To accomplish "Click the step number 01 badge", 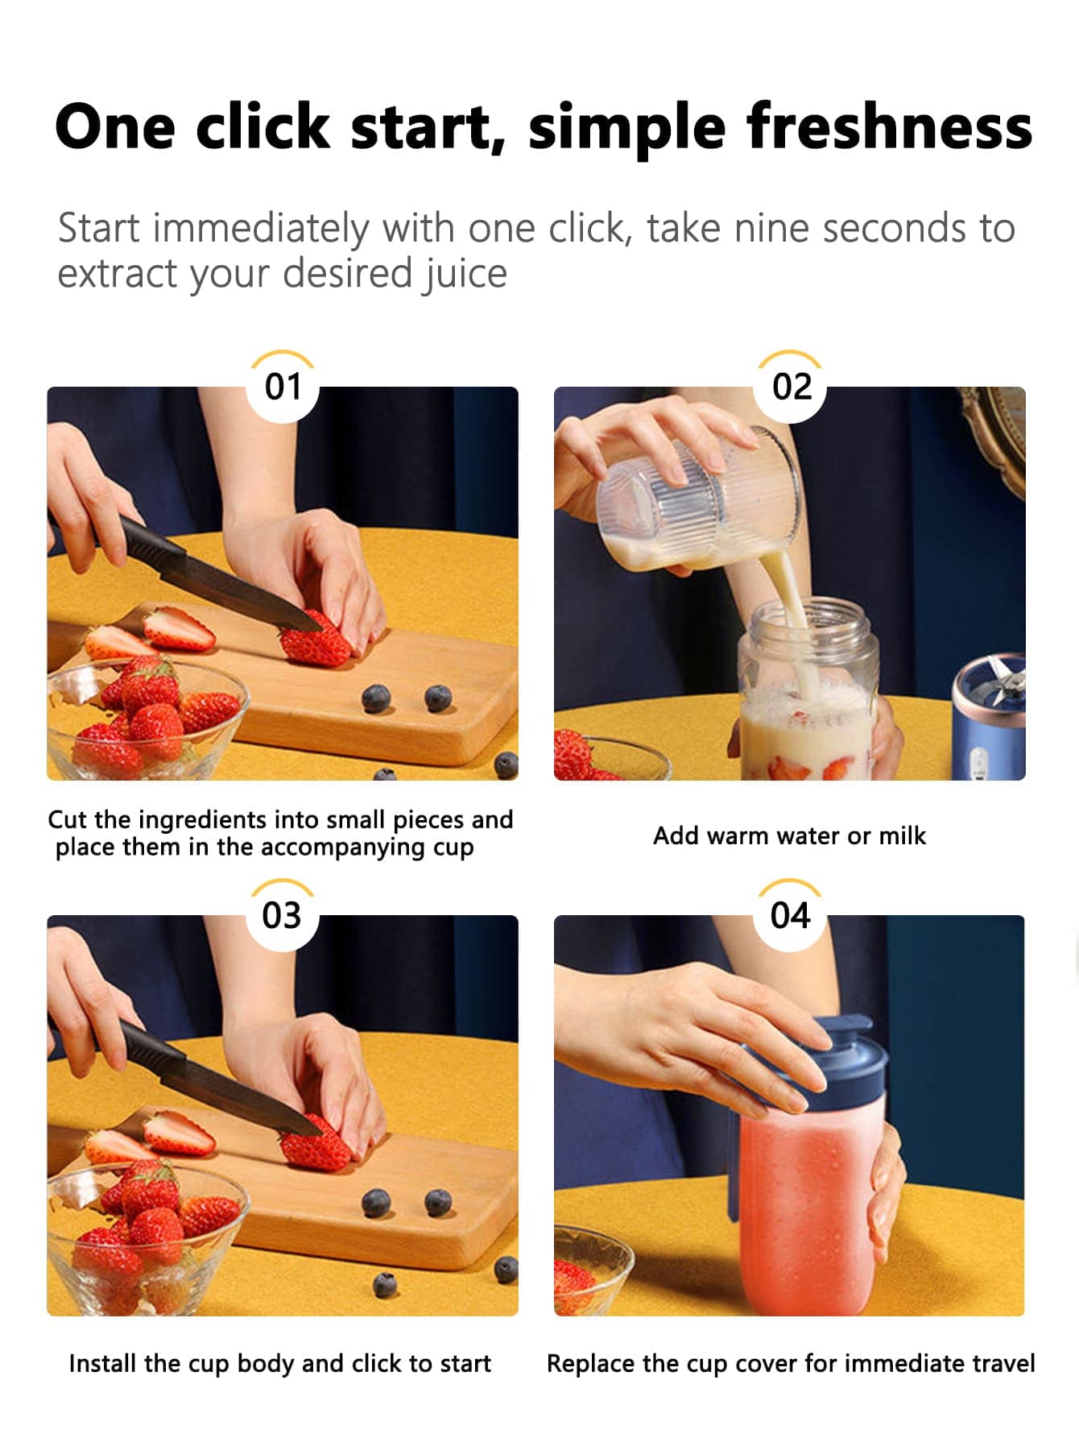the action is tap(283, 387).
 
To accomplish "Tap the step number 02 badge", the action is tap(791, 387).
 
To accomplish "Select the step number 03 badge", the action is tap(282, 915).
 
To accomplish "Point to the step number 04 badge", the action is tap(790, 915).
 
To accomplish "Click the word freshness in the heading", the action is tap(889, 126).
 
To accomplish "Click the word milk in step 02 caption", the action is tap(902, 835).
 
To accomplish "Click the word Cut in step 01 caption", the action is tap(67, 819).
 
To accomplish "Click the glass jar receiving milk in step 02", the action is tap(808, 689).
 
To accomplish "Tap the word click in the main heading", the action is tap(263, 126).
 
